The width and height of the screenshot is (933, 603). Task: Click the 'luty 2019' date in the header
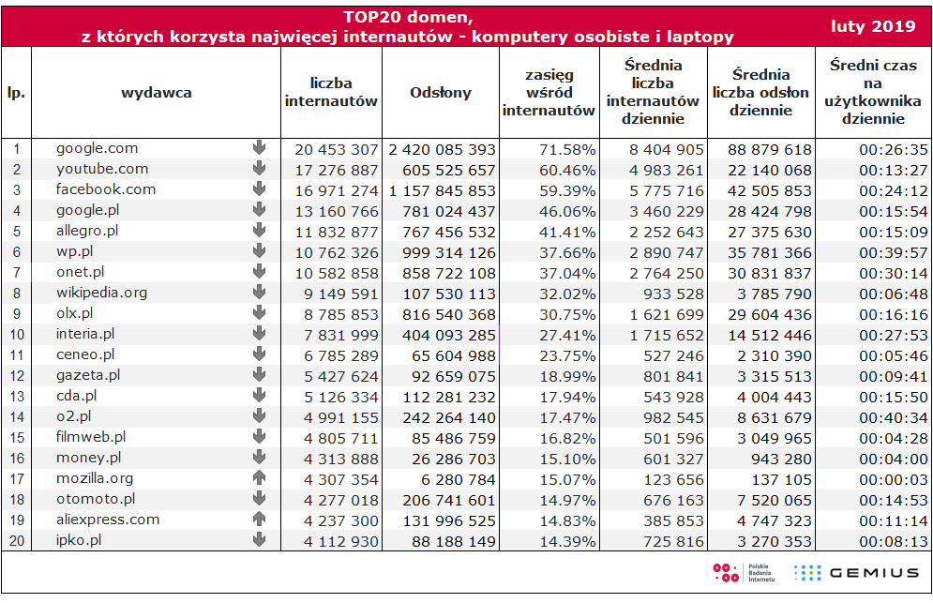pyautogui.click(x=873, y=26)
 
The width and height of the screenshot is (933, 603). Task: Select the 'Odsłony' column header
pyautogui.click(x=441, y=92)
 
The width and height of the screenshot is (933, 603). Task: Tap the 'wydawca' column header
pyautogui.click(x=157, y=92)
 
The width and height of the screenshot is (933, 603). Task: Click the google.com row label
pyautogui.click(x=97, y=148)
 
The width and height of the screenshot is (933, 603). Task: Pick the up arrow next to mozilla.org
pyautogui.click(x=259, y=477)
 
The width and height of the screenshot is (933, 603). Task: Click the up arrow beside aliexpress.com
pyautogui.click(x=259, y=519)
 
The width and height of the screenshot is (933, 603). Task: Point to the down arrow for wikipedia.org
pyautogui.click(x=259, y=292)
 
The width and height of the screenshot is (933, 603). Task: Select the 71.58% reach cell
pyautogui.click(x=567, y=149)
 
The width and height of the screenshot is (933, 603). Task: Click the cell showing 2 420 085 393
pyautogui.click(x=442, y=149)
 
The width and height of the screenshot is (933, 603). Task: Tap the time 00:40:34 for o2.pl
pyautogui.click(x=893, y=418)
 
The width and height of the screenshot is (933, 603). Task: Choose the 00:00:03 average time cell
pyautogui.click(x=893, y=480)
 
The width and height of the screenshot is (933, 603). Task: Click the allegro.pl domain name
pyautogui.click(x=87, y=231)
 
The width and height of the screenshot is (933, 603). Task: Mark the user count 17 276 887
pyautogui.click(x=337, y=171)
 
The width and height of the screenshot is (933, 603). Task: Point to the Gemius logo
pyautogui.click(x=856, y=573)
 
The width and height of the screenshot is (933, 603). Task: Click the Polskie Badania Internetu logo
pyautogui.click(x=744, y=573)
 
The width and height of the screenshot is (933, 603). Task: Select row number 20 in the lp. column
pyautogui.click(x=17, y=540)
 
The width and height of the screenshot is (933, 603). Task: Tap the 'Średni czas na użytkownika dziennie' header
pyautogui.click(x=873, y=92)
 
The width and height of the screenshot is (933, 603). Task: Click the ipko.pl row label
pyautogui.click(x=79, y=540)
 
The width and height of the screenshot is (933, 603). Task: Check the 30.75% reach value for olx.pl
pyautogui.click(x=567, y=314)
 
